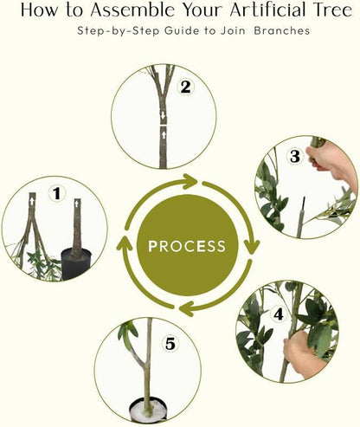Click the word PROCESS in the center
(187, 246)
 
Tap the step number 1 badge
(57, 193)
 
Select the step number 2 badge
(184, 87)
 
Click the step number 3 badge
(295, 156)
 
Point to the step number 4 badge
(279, 314)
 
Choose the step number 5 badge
(170, 344)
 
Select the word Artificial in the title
(252, 11)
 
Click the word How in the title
(39, 11)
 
